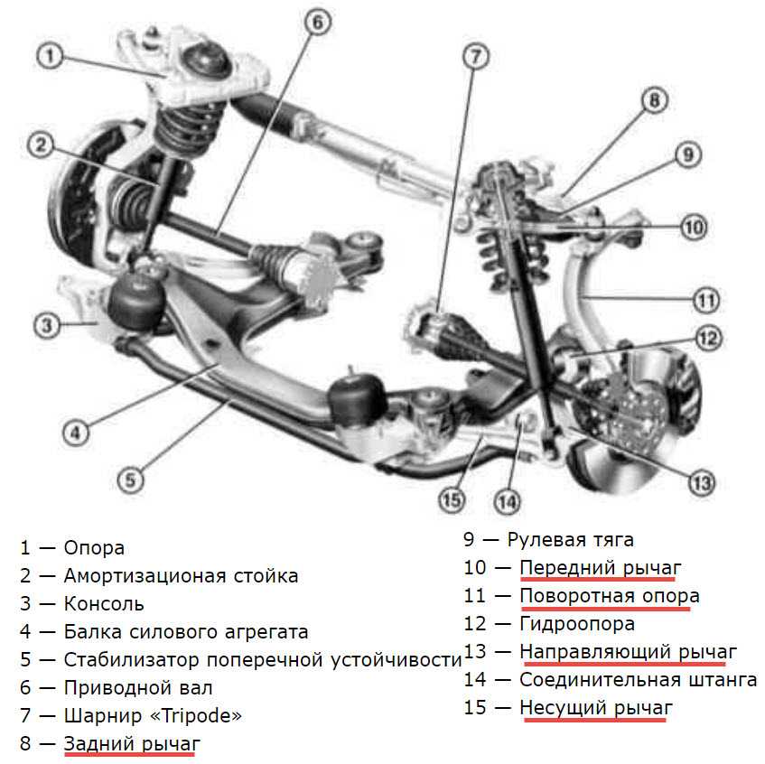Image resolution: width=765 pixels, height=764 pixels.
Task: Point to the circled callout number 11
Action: (706, 298)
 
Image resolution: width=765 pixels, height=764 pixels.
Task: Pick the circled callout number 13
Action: (701, 482)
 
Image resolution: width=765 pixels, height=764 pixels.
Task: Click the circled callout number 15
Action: (452, 498)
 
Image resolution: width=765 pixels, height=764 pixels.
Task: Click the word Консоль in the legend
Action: (104, 604)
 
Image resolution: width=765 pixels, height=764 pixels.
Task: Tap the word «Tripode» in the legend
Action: (198, 716)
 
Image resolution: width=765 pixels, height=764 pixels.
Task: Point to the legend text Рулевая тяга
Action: (570, 540)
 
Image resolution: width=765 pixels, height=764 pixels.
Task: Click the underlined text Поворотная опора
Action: (610, 596)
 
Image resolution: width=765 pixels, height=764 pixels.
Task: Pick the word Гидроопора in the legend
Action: (577, 624)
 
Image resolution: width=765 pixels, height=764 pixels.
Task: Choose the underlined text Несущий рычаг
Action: (596, 708)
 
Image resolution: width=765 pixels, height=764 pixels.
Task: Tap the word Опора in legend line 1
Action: (94, 548)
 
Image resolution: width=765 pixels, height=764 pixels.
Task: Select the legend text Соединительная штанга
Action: (639, 680)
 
